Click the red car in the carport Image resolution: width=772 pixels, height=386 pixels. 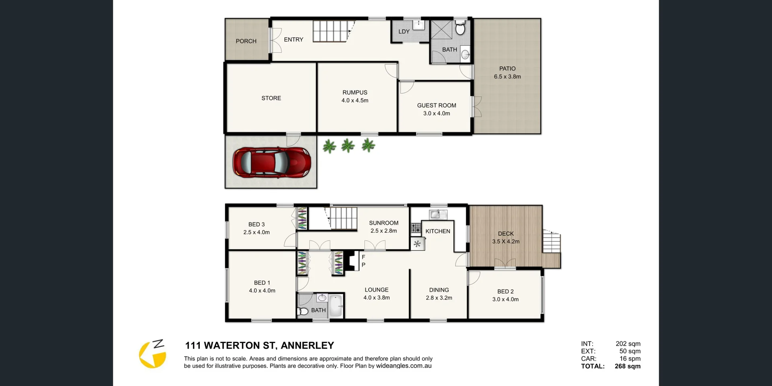[272, 162]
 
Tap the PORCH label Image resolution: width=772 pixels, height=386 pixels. [246, 41]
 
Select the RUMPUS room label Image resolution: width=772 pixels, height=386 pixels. [355, 92]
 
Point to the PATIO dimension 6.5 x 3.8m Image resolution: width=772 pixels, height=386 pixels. [507, 76]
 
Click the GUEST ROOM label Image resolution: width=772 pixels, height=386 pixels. [436, 105]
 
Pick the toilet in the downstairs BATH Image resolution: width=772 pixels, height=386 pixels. [460, 29]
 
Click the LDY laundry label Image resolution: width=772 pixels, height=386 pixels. [404, 31]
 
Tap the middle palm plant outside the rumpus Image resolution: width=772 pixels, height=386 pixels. [348, 146]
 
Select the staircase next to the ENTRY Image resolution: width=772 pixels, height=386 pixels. [330, 31]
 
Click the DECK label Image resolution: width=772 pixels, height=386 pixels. [505, 234]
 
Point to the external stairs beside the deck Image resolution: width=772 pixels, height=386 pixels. [551, 242]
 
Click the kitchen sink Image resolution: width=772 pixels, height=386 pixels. [437, 214]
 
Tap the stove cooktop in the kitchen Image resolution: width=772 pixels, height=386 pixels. [415, 228]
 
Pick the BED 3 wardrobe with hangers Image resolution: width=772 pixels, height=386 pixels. [302, 218]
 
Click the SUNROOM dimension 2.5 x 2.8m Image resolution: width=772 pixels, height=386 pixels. [384, 231]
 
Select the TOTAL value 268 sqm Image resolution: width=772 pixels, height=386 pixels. [627, 366]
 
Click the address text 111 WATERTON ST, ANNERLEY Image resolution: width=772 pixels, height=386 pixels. [259, 345]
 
